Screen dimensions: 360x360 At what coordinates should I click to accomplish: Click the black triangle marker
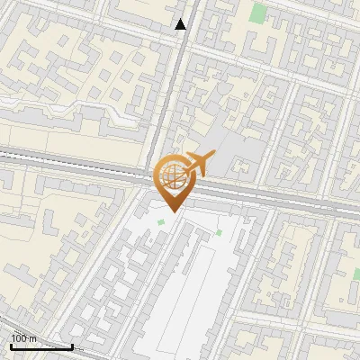click(x=181, y=24)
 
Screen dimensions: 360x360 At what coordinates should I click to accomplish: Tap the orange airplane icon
click(x=199, y=164)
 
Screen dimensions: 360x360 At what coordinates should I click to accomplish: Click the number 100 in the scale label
click(x=18, y=338)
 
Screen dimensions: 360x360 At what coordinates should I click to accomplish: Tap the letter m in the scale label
click(x=33, y=338)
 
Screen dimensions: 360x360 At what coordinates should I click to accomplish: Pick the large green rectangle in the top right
click(x=259, y=13)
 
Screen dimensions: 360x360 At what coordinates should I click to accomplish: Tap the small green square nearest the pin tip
click(x=161, y=222)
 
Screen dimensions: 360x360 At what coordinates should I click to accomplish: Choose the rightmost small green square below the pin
click(x=218, y=233)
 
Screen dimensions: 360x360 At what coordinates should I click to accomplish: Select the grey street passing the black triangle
click(x=178, y=72)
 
